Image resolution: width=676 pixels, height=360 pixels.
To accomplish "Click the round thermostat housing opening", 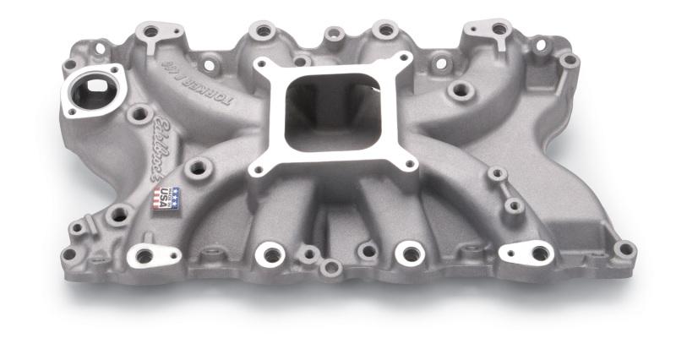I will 91,90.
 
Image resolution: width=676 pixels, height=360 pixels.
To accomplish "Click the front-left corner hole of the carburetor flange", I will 258,170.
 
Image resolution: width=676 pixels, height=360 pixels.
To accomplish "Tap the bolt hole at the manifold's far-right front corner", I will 624,248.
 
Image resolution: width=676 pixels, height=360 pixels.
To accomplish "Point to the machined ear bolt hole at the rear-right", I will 499,30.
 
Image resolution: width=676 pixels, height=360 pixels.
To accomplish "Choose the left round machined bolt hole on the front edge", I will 270,254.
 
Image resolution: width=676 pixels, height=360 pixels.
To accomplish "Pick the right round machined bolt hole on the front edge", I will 411,253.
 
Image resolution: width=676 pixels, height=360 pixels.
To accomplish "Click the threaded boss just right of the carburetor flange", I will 461,90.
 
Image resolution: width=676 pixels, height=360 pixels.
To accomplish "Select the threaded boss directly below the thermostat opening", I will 139,113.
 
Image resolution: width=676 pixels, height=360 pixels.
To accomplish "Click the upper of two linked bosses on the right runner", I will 497,174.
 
